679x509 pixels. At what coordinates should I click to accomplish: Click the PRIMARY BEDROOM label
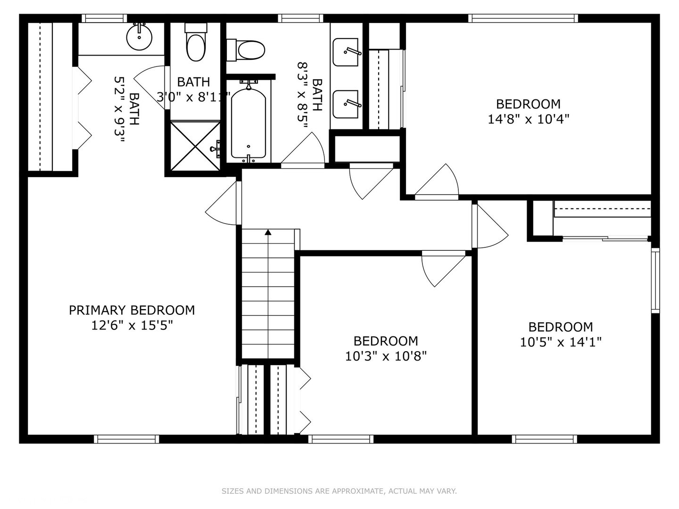[132, 310]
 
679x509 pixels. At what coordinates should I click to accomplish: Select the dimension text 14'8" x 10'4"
[529, 119]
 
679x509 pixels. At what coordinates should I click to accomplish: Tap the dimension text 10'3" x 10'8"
[386, 356]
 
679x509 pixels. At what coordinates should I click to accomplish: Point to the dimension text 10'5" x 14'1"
[561, 342]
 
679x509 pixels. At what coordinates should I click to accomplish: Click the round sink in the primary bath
[139, 37]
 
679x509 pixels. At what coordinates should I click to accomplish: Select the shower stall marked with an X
[195, 146]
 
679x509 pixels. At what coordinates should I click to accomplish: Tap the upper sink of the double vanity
[346, 52]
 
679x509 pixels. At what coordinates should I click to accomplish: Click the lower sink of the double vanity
[346, 104]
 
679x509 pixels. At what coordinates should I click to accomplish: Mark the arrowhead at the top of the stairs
[268, 232]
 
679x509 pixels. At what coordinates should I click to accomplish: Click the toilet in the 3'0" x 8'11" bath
[196, 42]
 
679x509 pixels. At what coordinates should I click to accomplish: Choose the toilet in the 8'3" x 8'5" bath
[246, 50]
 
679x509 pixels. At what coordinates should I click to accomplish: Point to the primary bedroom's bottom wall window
[126, 439]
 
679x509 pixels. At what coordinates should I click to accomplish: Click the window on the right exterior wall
[655, 280]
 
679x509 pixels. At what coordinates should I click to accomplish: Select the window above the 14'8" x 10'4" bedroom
[523, 18]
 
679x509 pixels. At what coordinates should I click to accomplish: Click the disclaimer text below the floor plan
[339, 491]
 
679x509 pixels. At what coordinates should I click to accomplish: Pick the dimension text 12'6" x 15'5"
[132, 325]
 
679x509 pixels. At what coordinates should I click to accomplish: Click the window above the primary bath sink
[104, 18]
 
